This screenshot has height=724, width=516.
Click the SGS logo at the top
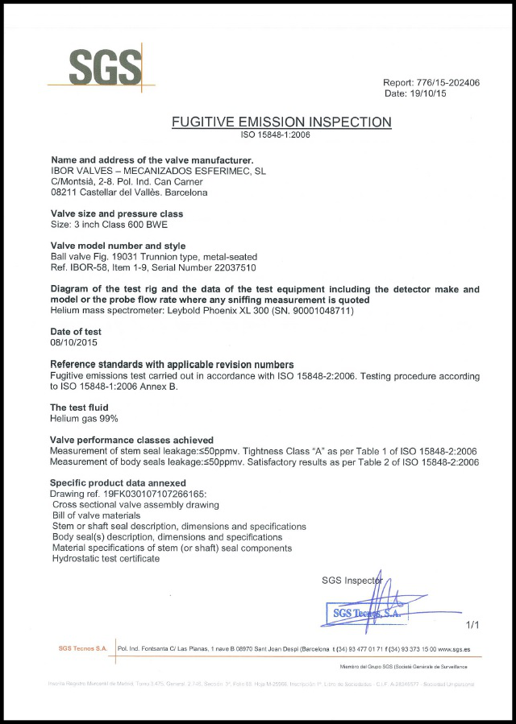(102, 67)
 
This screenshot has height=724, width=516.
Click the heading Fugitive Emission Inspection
(281, 122)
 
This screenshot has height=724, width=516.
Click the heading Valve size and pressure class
(117, 213)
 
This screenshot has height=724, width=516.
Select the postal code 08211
(64, 192)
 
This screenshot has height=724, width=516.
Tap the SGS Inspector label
(352, 579)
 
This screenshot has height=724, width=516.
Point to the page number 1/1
(472, 624)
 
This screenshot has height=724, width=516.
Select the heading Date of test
(81, 331)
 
